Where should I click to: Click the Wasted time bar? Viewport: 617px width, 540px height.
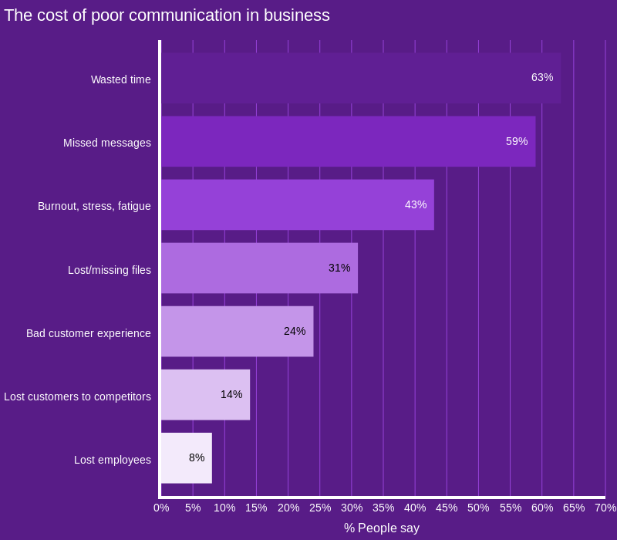click(x=361, y=78)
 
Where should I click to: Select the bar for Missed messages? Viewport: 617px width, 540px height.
click(x=349, y=141)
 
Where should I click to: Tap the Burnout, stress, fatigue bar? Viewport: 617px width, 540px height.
click(x=298, y=204)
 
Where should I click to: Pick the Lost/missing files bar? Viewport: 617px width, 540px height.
click(x=260, y=268)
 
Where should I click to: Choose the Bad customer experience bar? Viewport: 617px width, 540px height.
click(x=238, y=332)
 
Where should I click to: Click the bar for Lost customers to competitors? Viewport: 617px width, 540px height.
click(x=205, y=395)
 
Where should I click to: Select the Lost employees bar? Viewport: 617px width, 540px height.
click(x=187, y=458)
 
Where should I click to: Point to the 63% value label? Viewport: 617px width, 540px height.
click(x=542, y=78)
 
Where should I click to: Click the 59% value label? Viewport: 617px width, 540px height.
click(x=517, y=141)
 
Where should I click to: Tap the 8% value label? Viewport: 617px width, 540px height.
click(x=197, y=457)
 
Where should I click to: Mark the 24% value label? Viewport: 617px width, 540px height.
click(x=295, y=331)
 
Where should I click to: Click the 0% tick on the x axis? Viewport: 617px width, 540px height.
click(x=161, y=508)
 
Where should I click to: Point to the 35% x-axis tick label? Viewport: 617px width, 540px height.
click(x=383, y=508)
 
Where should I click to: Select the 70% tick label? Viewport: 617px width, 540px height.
click(x=605, y=508)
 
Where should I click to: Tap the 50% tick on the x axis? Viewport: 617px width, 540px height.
click(x=478, y=508)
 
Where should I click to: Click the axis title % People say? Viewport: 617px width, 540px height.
click(x=382, y=528)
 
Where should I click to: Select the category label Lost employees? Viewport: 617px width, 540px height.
click(x=113, y=460)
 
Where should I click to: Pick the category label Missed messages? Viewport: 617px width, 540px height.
click(x=107, y=143)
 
